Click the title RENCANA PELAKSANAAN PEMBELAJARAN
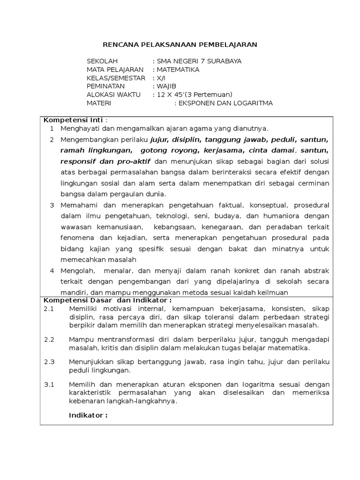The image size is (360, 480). click(x=180, y=45)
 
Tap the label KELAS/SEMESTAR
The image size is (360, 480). click(x=116, y=78)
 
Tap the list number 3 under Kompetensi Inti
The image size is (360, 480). click(x=52, y=205)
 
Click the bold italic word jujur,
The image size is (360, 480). click(x=160, y=140)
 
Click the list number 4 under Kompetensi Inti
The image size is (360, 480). click(x=52, y=271)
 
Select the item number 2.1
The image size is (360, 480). click(x=49, y=309)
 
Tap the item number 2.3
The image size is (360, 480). click(x=49, y=362)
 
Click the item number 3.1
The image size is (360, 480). click(x=49, y=385)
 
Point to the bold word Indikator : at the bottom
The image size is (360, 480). click(x=88, y=415)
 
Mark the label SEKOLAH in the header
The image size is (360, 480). click(x=102, y=61)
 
